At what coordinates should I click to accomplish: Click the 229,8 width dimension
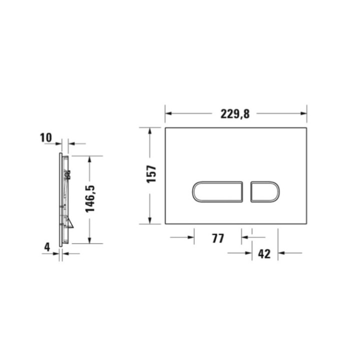tap(235, 113)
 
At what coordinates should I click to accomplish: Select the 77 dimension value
tap(217, 238)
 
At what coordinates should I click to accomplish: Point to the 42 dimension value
tap(264, 253)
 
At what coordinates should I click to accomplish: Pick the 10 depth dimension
tap(46, 137)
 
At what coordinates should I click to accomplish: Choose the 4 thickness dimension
tap(47, 246)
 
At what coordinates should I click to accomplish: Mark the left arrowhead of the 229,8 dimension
tap(168, 113)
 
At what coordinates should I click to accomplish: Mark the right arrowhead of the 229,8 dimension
tap(304, 113)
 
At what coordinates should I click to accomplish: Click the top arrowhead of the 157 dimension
tap(150, 130)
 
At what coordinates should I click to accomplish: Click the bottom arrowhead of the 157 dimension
tap(150, 221)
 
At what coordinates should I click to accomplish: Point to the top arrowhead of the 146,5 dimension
tap(89, 159)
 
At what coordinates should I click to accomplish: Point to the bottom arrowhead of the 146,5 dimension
tap(89, 240)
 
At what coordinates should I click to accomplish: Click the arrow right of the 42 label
tap(282, 253)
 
